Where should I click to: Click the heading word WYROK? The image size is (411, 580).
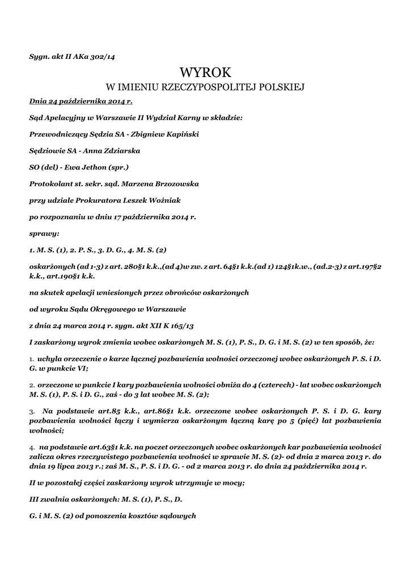point(205,73)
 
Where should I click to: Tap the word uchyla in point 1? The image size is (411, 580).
point(50,359)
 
